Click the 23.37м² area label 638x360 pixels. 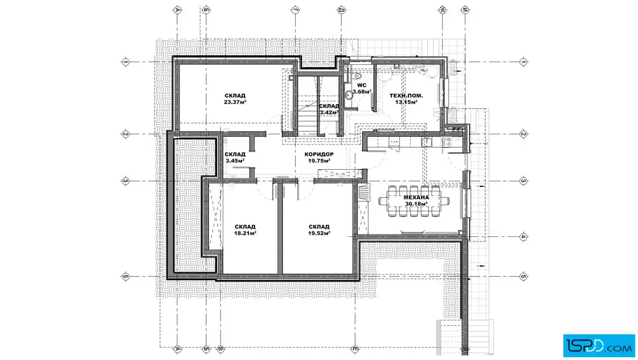tap(235, 102)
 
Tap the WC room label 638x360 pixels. tap(362, 85)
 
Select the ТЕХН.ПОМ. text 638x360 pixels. tap(406, 96)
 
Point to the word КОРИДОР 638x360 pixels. tap(319, 154)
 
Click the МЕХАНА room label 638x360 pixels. tap(416, 197)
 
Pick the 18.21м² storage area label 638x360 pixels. tap(245, 233)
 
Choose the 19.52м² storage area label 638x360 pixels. tap(319, 233)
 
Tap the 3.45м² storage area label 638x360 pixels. tap(235, 161)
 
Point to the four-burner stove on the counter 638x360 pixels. tap(447, 142)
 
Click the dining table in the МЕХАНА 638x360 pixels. tap(414, 201)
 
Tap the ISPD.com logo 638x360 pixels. tap(599, 346)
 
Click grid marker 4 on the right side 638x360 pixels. tap(524, 236)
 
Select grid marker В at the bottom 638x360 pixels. tap(220, 349)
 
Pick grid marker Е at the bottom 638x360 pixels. tap(355, 349)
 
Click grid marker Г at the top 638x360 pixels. tap(295, 10)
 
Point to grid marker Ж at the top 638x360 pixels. tap(442, 10)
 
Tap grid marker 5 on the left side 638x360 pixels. tap(125, 277)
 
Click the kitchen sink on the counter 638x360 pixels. tap(394, 142)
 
